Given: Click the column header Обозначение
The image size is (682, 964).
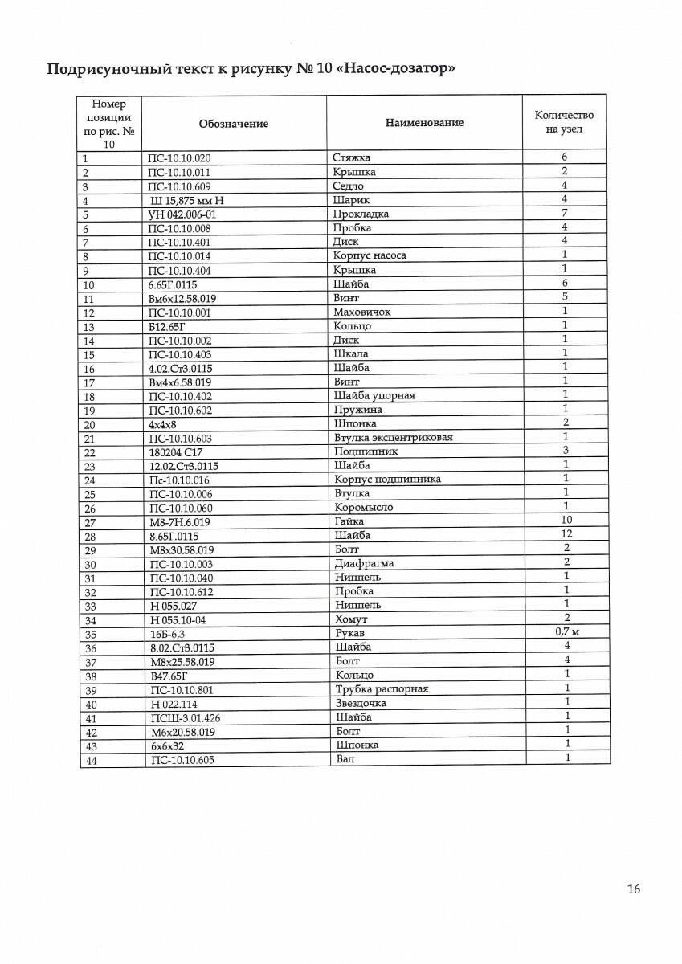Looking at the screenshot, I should pyautogui.click(x=233, y=124).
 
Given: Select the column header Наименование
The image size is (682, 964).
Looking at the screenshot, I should pyautogui.click(x=424, y=123).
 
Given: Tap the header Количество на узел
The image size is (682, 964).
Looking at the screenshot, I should pyautogui.click(x=564, y=122).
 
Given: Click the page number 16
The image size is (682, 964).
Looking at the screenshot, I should pyautogui.click(x=634, y=889).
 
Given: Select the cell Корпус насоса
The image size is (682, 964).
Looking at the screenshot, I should pyautogui.click(x=370, y=256).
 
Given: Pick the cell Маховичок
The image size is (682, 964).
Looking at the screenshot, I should pyautogui.click(x=361, y=312).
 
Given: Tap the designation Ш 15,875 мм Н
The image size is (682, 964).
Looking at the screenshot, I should pyautogui.click(x=186, y=200).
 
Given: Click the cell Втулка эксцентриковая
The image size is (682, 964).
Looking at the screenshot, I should pyautogui.click(x=393, y=438).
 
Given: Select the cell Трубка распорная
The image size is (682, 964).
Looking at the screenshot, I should pyautogui.click(x=381, y=689).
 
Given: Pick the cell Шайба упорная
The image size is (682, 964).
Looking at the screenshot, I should pyautogui.click(x=374, y=396).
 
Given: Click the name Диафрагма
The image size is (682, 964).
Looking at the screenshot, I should pyautogui.click(x=363, y=563).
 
